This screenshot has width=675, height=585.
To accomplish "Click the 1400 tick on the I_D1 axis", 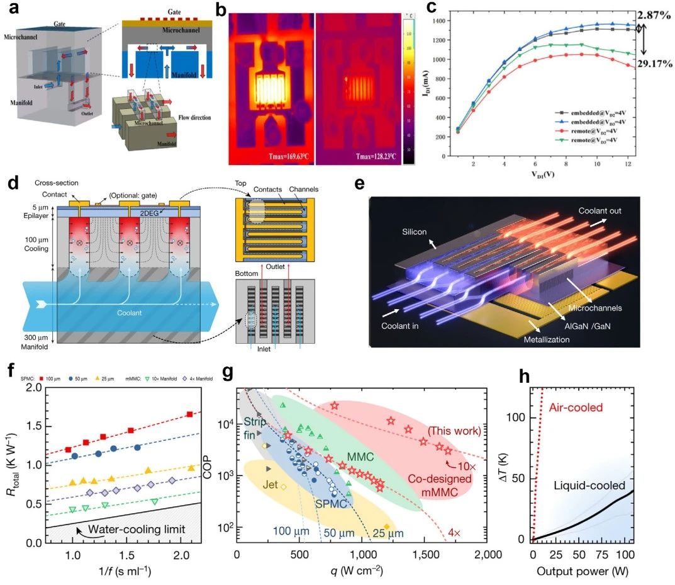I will tap(444, 21).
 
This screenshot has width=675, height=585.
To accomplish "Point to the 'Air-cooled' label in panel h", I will tap(576, 407).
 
